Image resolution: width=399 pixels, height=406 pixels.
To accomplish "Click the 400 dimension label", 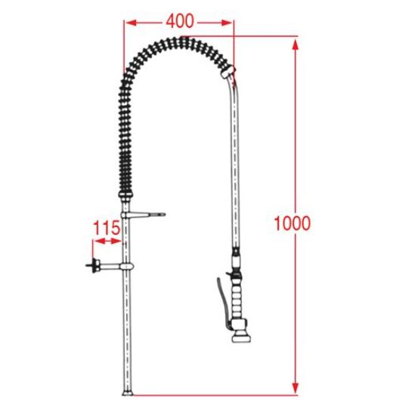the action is [180, 21].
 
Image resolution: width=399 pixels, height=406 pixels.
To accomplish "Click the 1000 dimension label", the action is [292, 223].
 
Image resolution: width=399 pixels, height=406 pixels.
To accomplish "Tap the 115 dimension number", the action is [107, 228].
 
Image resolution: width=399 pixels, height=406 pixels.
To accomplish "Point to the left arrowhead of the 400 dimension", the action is [131, 23].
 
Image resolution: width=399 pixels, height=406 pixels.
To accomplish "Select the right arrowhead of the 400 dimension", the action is [227, 23].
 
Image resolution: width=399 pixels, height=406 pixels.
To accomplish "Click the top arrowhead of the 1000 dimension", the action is [295, 45].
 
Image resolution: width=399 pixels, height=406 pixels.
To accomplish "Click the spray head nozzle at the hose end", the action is [241, 338].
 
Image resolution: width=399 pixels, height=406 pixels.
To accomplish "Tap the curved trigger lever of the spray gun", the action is [222, 302].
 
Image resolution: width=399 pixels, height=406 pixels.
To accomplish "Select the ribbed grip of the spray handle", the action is [237, 300].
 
